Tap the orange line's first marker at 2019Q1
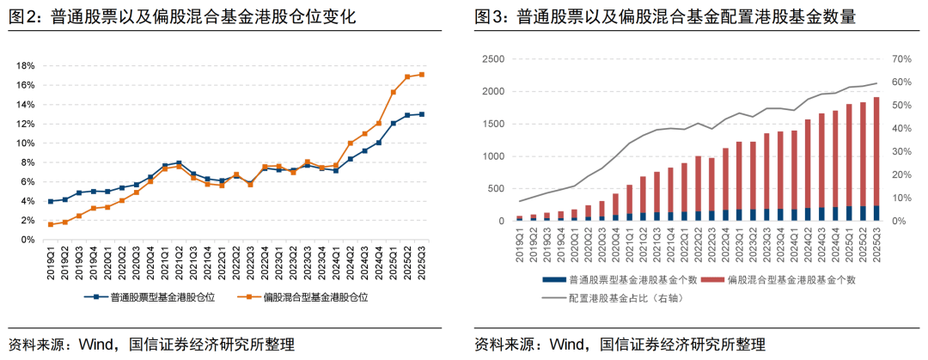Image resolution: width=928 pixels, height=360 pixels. point(52,224)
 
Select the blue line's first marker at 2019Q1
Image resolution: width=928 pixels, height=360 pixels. point(52,202)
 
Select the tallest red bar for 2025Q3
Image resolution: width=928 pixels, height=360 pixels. point(876,150)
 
